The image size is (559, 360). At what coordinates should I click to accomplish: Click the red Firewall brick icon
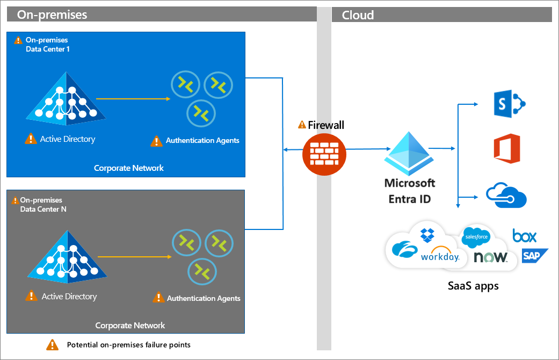coord(324,154)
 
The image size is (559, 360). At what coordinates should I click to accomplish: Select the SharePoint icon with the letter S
coord(508,103)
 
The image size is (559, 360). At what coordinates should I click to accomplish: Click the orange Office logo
coord(507,148)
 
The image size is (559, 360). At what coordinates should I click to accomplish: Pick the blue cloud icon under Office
coord(506,195)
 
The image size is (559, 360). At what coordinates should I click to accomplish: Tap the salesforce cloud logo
coord(475,236)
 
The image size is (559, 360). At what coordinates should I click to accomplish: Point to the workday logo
coord(440,256)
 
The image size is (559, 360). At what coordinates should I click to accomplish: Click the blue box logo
coord(525,235)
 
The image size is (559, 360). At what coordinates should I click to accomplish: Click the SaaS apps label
coord(473,286)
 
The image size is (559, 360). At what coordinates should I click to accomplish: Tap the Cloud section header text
coord(358,15)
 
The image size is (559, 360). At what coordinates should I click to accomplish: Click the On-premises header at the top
coord(52,15)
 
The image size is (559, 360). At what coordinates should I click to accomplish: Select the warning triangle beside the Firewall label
coord(302,125)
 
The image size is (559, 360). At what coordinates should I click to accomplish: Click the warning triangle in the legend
coord(52,344)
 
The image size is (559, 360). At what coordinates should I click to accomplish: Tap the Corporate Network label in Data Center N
coord(130,325)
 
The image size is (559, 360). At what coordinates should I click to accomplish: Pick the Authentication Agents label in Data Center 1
coord(202,141)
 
